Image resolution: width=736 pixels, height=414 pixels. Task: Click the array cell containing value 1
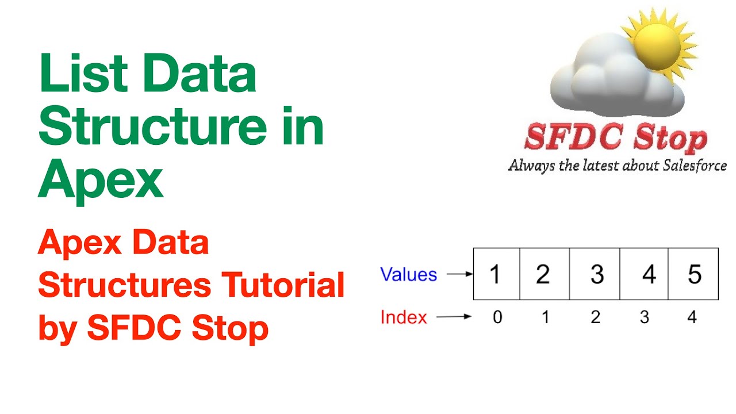click(496, 274)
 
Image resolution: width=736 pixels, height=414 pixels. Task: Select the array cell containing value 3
click(595, 274)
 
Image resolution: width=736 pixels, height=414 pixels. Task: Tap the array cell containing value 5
click(693, 274)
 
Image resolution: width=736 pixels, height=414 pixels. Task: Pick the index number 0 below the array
click(497, 317)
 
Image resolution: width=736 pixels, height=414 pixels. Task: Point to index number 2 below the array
click(595, 317)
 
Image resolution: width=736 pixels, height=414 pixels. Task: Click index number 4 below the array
click(692, 317)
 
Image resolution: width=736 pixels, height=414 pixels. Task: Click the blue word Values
click(408, 275)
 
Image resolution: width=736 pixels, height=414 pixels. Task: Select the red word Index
click(404, 317)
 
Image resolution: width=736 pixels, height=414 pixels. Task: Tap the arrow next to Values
click(459, 275)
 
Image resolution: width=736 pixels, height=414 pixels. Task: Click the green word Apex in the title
click(101, 179)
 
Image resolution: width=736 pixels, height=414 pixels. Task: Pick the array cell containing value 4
click(644, 274)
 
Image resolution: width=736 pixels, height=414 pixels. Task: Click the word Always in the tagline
click(530, 166)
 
